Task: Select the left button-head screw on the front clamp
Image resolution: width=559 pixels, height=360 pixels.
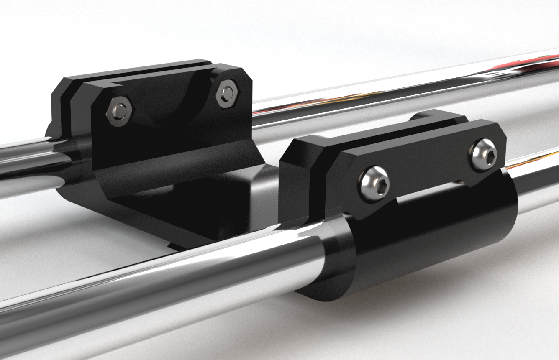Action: click(374, 185)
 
